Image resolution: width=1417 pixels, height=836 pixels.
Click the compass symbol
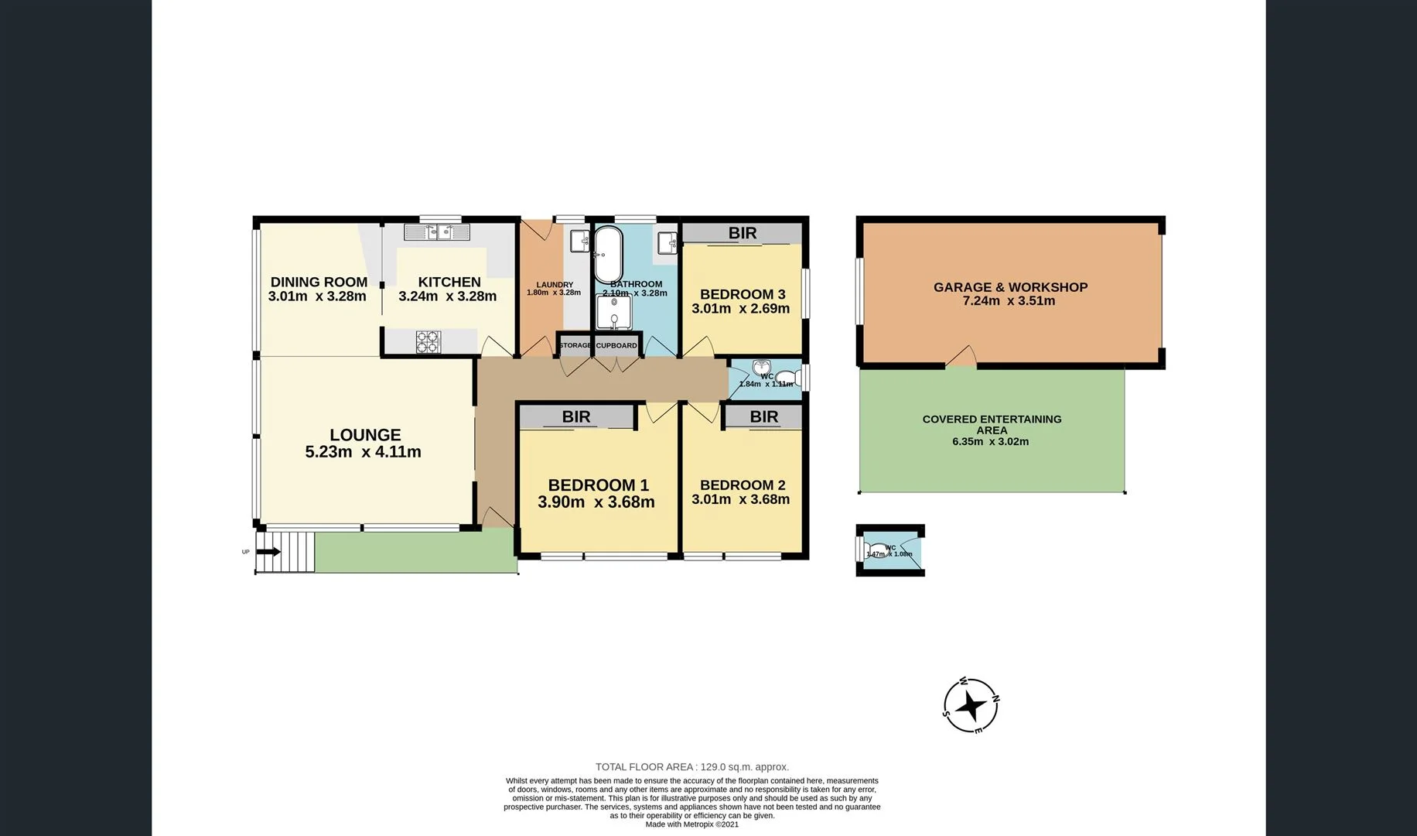coord(971,706)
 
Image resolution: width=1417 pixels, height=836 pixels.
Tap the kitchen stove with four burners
coord(428,342)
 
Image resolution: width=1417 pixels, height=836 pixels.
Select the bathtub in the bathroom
coord(607,255)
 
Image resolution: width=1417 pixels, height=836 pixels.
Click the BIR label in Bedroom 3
coord(743,233)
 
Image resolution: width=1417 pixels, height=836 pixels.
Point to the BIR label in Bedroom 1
coord(576,417)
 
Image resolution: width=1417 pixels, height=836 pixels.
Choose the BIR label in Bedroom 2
coord(763,417)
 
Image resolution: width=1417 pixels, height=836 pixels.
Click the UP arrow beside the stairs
coord(268,552)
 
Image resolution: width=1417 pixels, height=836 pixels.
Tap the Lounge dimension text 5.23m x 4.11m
coord(363,452)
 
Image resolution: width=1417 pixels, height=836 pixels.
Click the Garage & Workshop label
coord(1010,287)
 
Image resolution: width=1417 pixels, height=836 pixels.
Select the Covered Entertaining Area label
coord(992,424)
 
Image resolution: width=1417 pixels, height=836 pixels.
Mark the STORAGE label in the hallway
coord(575,345)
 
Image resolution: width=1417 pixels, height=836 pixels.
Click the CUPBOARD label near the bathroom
coord(616,345)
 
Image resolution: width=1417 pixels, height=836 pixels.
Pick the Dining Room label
coord(319,283)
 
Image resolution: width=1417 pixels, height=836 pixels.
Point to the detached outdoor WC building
coord(890,550)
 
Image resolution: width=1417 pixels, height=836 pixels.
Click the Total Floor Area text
coord(691,767)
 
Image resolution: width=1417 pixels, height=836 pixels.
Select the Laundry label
coord(555,285)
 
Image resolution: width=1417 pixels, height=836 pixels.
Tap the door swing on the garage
coord(961,357)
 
